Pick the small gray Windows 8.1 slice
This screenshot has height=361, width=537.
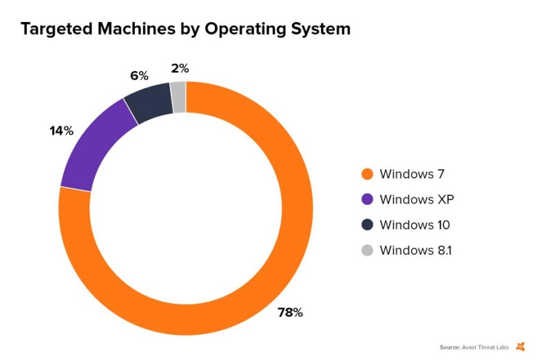pyautogui.click(x=178, y=96)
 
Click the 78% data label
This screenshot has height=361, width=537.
pyautogui.click(x=290, y=312)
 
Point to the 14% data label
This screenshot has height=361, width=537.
pyautogui.click(x=61, y=130)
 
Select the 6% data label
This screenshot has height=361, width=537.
pyautogui.click(x=139, y=75)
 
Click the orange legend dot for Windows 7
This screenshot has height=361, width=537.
pyautogui.click(x=367, y=175)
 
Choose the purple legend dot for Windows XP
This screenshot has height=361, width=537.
pyautogui.click(x=367, y=199)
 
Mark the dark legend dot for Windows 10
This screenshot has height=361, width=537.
pyautogui.click(x=367, y=225)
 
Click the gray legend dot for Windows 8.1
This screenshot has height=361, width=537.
pyautogui.click(x=367, y=250)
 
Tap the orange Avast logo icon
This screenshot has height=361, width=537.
pyautogui.click(x=521, y=347)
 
